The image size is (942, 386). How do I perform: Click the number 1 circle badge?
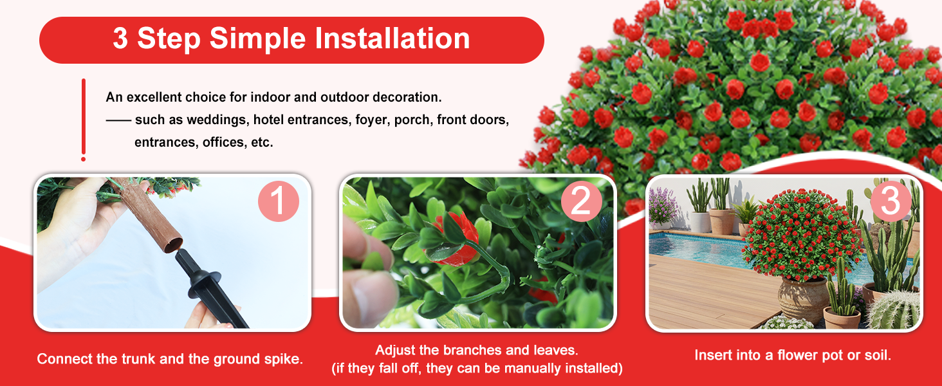click(279, 201)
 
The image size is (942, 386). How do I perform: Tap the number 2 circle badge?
click(582, 201)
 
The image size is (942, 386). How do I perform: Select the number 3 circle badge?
click(891, 201)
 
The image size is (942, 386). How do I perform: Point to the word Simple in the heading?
click(257, 39)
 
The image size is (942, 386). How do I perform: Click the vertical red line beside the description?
click(83, 120)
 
